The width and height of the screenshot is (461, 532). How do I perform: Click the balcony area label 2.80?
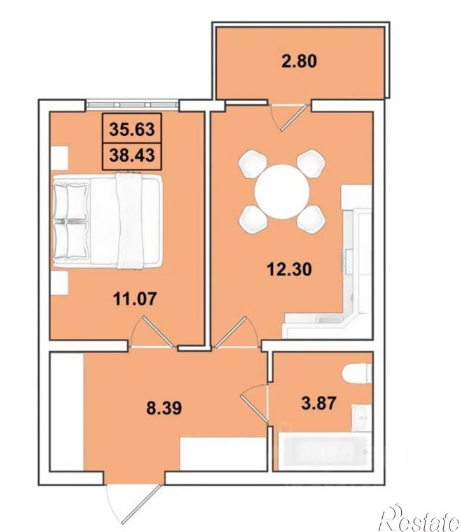(x=299, y=62)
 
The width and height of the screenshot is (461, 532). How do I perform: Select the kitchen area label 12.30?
(x=289, y=270)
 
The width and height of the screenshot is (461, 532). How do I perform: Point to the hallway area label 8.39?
(x=164, y=408)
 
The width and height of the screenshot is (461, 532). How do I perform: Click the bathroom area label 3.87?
(x=319, y=403)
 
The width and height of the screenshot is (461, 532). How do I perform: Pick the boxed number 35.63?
(x=132, y=129)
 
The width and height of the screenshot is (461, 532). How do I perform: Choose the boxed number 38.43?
(x=132, y=155)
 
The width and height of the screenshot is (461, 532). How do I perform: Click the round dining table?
(x=282, y=192)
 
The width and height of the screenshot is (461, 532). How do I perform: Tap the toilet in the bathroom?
(x=357, y=375)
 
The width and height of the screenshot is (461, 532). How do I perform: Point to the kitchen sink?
(x=329, y=319)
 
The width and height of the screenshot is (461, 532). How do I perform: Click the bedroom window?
(x=132, y=104)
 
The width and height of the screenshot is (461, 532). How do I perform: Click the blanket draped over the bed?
(x=129, y=221)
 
